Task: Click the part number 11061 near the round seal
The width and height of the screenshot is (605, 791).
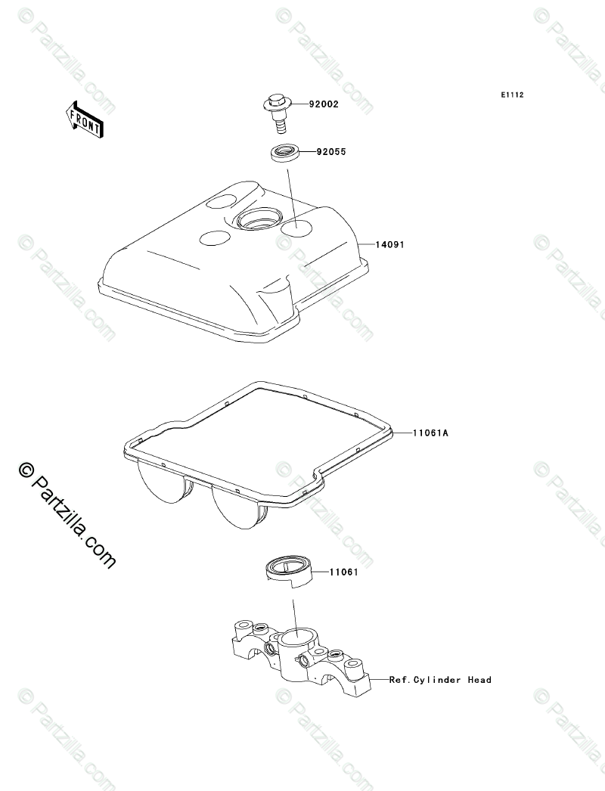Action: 343,573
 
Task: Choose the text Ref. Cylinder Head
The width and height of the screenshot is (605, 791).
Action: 440,680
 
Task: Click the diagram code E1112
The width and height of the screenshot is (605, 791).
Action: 512,96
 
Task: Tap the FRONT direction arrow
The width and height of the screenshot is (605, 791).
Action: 84,119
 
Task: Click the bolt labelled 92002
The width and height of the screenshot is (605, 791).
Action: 278,109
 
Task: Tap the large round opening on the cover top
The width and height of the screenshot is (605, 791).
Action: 257,220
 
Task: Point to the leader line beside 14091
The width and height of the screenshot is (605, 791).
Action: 365,245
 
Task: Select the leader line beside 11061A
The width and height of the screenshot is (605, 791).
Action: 402,433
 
